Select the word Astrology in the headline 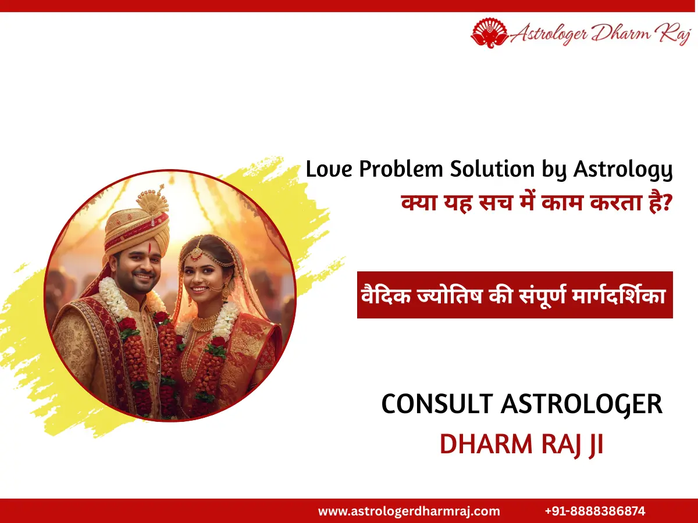pyautogui.click(x=623, y=170)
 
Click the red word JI pyautogui.click(x=594, y=443)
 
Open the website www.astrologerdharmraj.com pyautogui.click(x=409, y=511)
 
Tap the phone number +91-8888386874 pyautogui.click(x=595, y=511)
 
